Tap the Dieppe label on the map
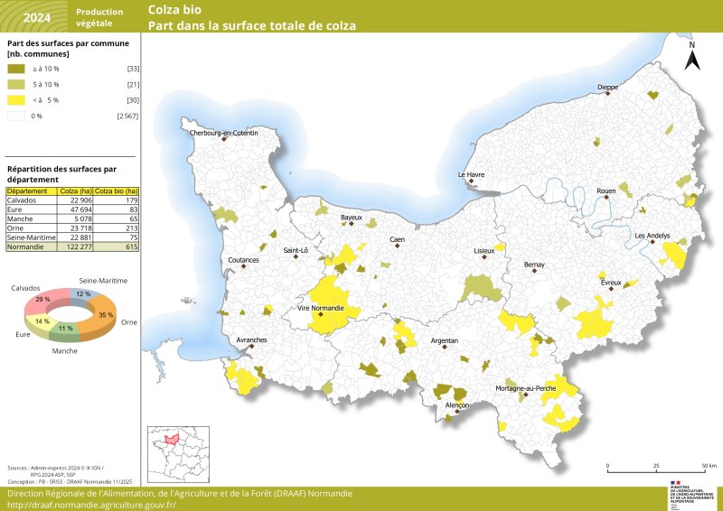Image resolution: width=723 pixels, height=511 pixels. [608, 88]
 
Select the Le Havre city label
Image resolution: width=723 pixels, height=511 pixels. [471, 174]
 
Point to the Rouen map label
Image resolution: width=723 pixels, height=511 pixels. [606, 191]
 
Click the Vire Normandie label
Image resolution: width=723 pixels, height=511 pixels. [320, 309]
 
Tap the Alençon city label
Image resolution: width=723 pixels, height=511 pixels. [457, 406]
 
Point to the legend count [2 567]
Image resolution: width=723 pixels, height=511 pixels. [127, 116]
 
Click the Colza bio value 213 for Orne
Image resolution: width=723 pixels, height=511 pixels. [132, 228]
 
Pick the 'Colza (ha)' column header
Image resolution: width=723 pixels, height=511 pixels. [75, 191]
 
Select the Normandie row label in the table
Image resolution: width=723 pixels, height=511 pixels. [25, 246]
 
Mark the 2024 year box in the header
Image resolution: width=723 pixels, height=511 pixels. [37, 16]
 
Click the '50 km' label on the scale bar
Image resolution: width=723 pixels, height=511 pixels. [708, 466]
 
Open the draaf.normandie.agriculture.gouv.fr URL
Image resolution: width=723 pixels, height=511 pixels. [90, 505]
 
